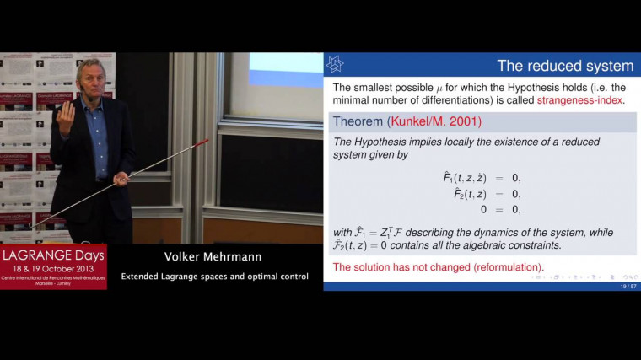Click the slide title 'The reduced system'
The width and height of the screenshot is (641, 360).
(x=564, y=66)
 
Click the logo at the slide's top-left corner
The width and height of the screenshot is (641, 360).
(x=335, y=64)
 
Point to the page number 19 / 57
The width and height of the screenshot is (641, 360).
(x=622, y=287)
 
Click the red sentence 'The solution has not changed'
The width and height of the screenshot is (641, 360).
(x=439, y=268)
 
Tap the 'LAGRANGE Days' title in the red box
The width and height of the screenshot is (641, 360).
(x=53, y=255)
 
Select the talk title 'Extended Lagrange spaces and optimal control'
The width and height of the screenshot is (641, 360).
(x=215, y=276)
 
